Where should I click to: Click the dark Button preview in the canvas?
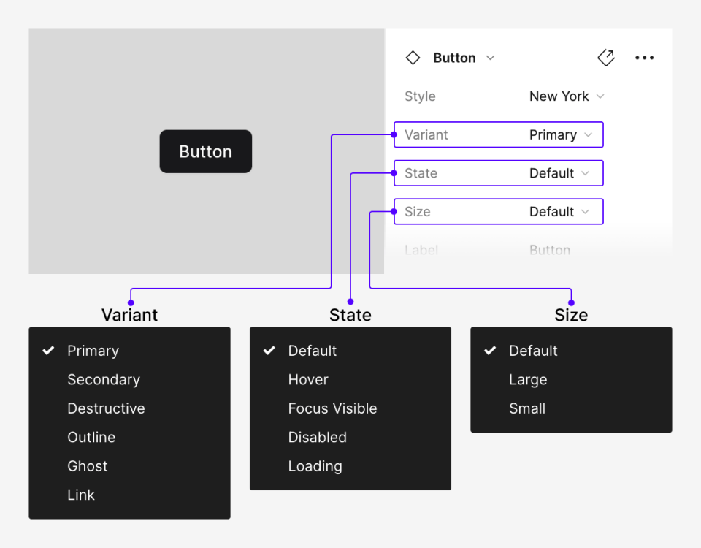[205, 151]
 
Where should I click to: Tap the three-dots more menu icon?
[644, 58]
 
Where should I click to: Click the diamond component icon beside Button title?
[413, 58]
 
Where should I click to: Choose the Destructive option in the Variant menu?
[106, 408]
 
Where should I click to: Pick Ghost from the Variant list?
[88, 466]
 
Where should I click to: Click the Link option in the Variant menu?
[81, 495]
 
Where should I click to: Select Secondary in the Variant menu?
[104, 380]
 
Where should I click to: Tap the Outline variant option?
[91, 437]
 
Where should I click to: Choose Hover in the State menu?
[308, 380]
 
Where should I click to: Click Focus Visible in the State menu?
[332, 408]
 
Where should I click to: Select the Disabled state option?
[317, 437]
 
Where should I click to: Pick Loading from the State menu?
[315, 466]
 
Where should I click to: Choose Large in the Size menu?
[528, 380]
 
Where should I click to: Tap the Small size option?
[527, 408]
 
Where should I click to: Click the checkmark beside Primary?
[48, 351]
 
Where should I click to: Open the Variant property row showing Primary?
[499, 135]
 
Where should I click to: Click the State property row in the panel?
[499, 173]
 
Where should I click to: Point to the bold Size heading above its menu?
[571, 315]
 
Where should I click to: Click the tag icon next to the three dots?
[606, 58]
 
